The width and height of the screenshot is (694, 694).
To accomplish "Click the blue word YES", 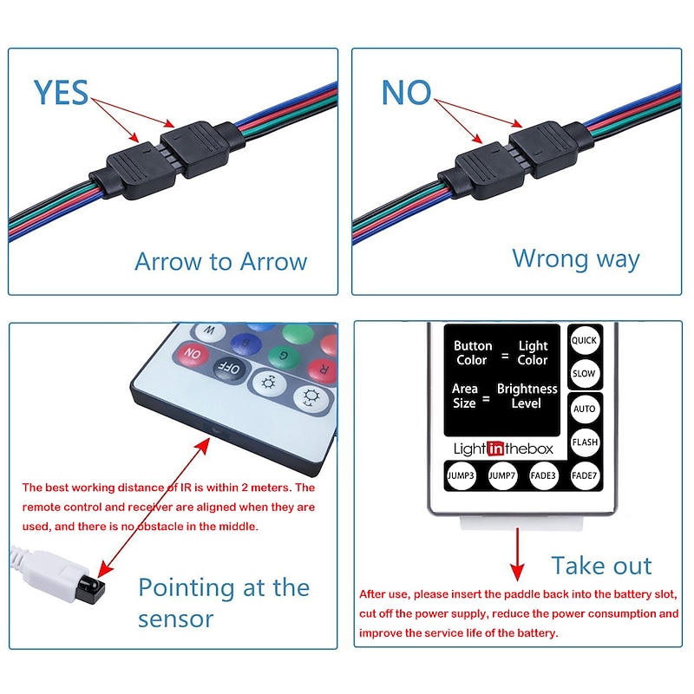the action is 61,93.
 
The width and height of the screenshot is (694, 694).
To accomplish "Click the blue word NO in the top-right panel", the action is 406,93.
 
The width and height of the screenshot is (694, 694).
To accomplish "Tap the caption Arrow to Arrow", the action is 220,262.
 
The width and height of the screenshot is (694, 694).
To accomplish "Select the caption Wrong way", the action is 576,259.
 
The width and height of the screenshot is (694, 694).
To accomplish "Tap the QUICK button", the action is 584,340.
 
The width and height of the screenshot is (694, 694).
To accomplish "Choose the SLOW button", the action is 584,374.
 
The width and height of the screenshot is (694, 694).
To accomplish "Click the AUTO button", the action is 585,409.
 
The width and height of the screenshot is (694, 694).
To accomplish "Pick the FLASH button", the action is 585,442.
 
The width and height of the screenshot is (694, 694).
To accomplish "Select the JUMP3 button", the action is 461,475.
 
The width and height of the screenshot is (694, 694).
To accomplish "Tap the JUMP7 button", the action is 502,475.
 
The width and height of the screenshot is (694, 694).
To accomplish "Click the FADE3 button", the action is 543,475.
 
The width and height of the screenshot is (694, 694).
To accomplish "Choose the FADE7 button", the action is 584,475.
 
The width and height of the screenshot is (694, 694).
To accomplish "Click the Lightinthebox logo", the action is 503,448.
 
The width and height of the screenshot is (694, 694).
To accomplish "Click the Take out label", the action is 601,566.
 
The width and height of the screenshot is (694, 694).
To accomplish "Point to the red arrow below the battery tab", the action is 517,554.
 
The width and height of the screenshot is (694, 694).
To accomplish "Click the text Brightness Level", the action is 527,396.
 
